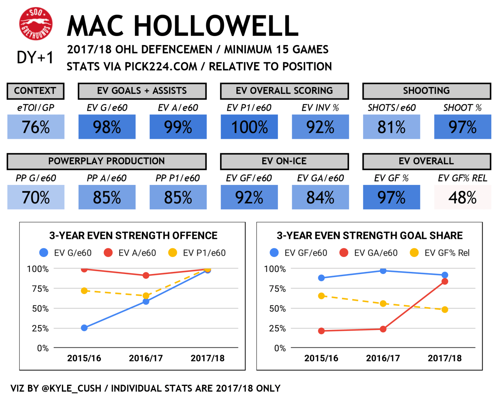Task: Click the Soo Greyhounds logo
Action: click(36, 24)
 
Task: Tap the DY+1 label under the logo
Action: click(35, 57)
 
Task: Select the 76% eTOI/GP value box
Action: click(36, 127)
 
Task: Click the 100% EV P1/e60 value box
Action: click(249, 127)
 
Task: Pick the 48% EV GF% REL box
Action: click(462, 197)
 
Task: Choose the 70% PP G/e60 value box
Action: click(36, 197)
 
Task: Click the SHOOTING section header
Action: click(426, 91)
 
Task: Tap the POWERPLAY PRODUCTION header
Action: click(106, 161)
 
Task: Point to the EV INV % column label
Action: click(320, 108)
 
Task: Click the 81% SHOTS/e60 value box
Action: click(391, 127)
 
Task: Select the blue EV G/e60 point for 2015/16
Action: click(84, 328)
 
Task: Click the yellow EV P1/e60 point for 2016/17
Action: click(146, 296)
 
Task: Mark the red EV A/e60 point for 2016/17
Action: click(146, 275)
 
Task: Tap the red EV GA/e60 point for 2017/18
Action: click(444, 281)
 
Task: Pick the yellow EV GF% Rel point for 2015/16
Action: click(321, 296)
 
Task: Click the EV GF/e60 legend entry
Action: click(299, 253)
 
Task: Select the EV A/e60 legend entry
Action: click(130, 253)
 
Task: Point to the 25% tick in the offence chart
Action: click(40, 329)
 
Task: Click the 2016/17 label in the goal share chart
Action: click(383, 358)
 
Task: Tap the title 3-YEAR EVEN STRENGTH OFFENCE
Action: click(133, 236)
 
